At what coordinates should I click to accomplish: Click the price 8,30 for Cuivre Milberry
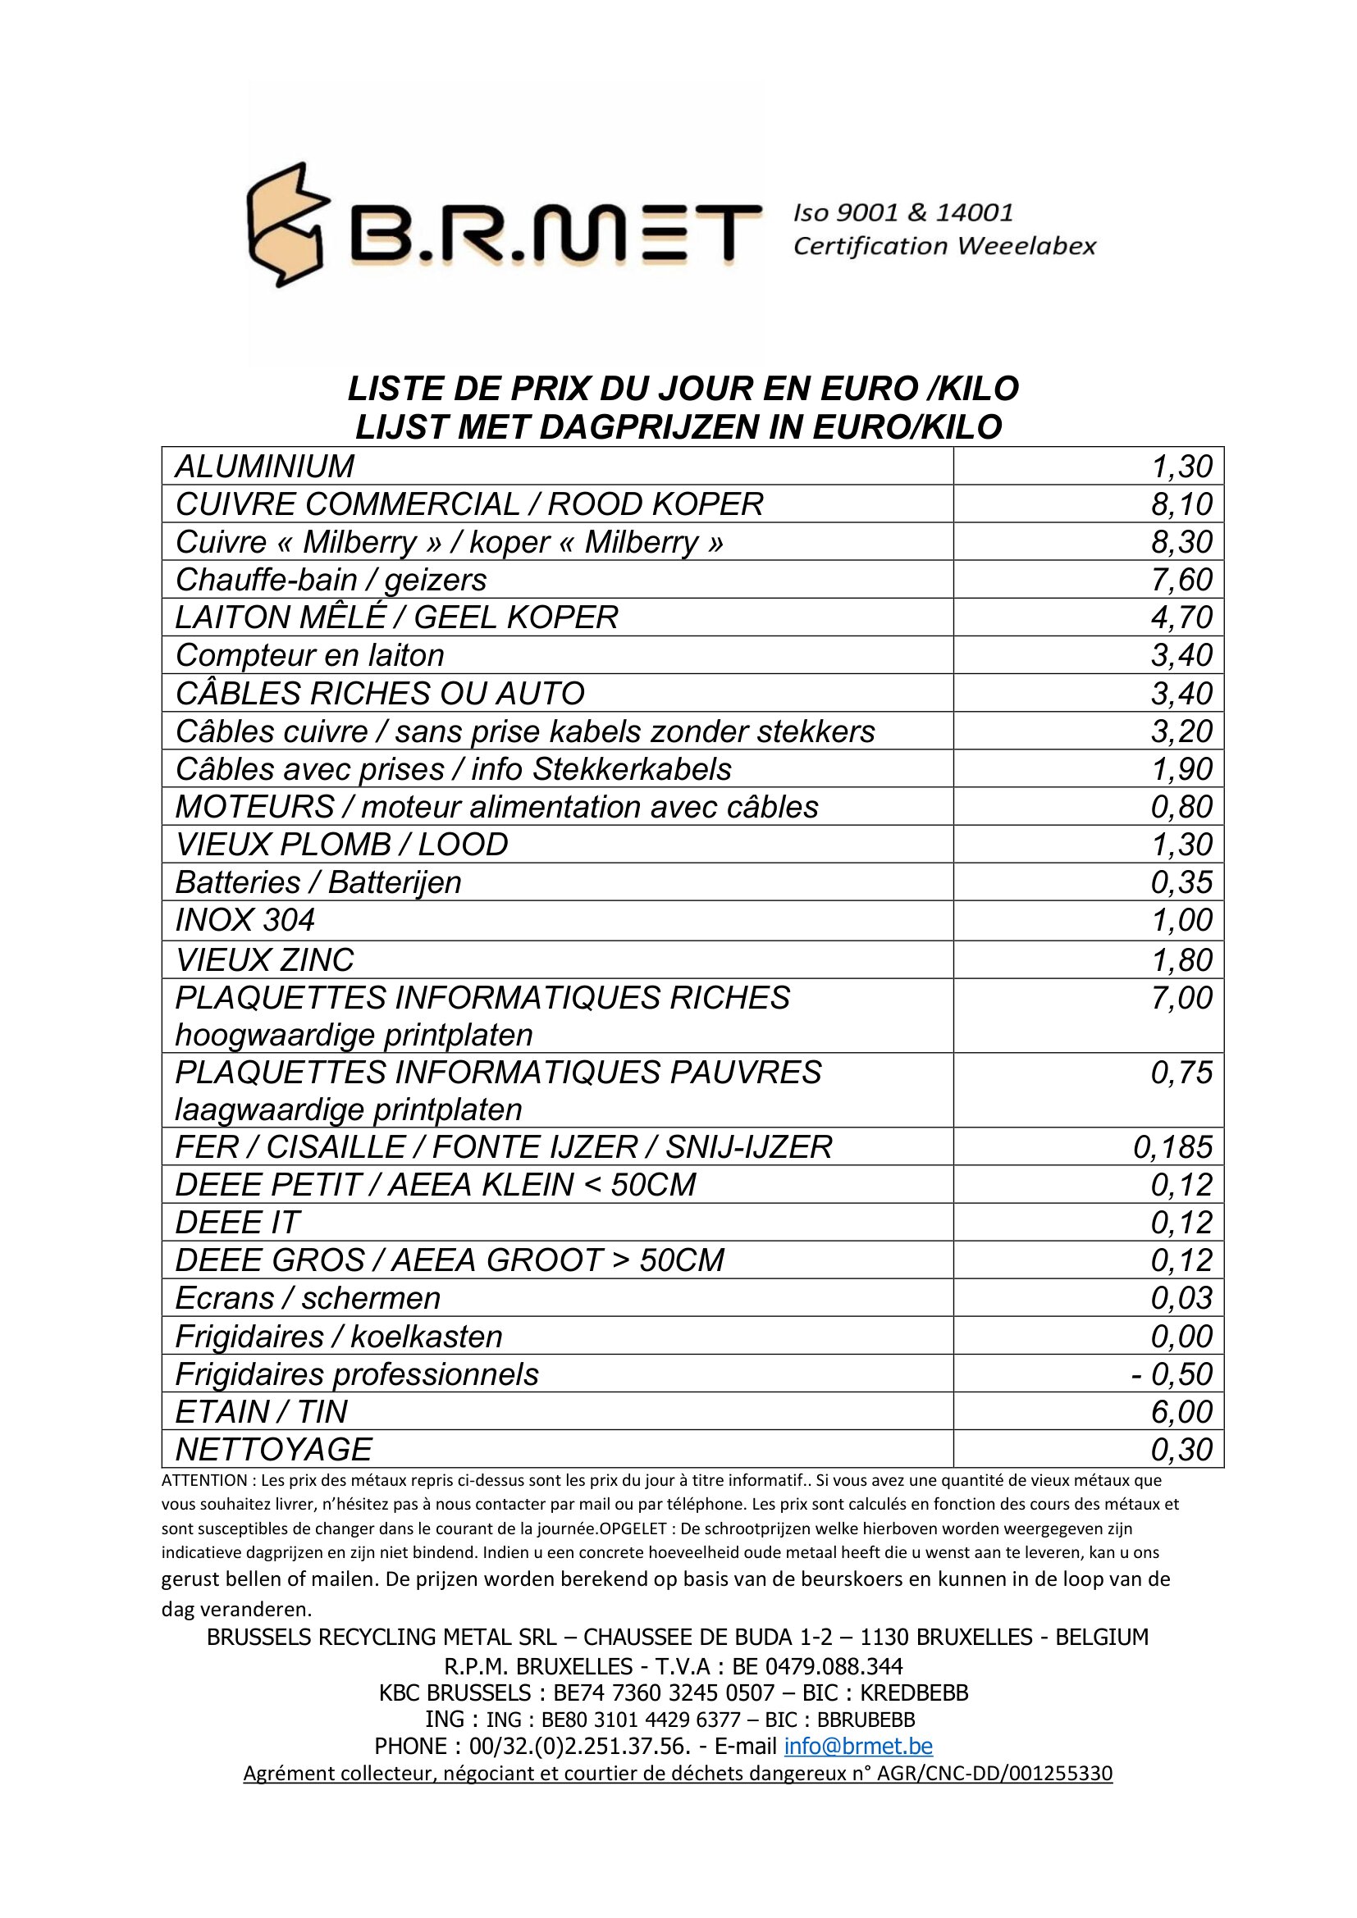[1181, 542]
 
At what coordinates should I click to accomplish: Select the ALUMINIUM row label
[265, 466]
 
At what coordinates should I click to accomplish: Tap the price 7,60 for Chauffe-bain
[1181, 580]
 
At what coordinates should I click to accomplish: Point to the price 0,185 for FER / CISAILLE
[1172, 1147]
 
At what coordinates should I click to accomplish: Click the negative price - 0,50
[1172, 1374]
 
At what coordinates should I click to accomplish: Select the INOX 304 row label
[244, 920]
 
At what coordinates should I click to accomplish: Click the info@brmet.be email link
[858, 1746]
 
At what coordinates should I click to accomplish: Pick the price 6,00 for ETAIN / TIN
[1181, 1412]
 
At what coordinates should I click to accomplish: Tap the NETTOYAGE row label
[273, 1449]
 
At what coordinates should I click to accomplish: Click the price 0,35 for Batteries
[1181, 882]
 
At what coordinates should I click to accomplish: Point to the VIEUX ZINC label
[264, 960]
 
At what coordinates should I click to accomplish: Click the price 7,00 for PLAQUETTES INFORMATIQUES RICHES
[1181, 998]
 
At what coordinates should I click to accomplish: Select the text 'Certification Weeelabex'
[944, 246]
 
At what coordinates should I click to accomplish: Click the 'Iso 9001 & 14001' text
[903, 212]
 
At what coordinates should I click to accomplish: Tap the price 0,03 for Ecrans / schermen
[1181, 1298]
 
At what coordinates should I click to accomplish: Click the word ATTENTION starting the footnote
[204, 1480]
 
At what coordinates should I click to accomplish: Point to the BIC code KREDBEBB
[914, 1692]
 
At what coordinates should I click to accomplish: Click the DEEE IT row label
[236, 1223]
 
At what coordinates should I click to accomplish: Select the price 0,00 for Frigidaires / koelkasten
[1181, 1337]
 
